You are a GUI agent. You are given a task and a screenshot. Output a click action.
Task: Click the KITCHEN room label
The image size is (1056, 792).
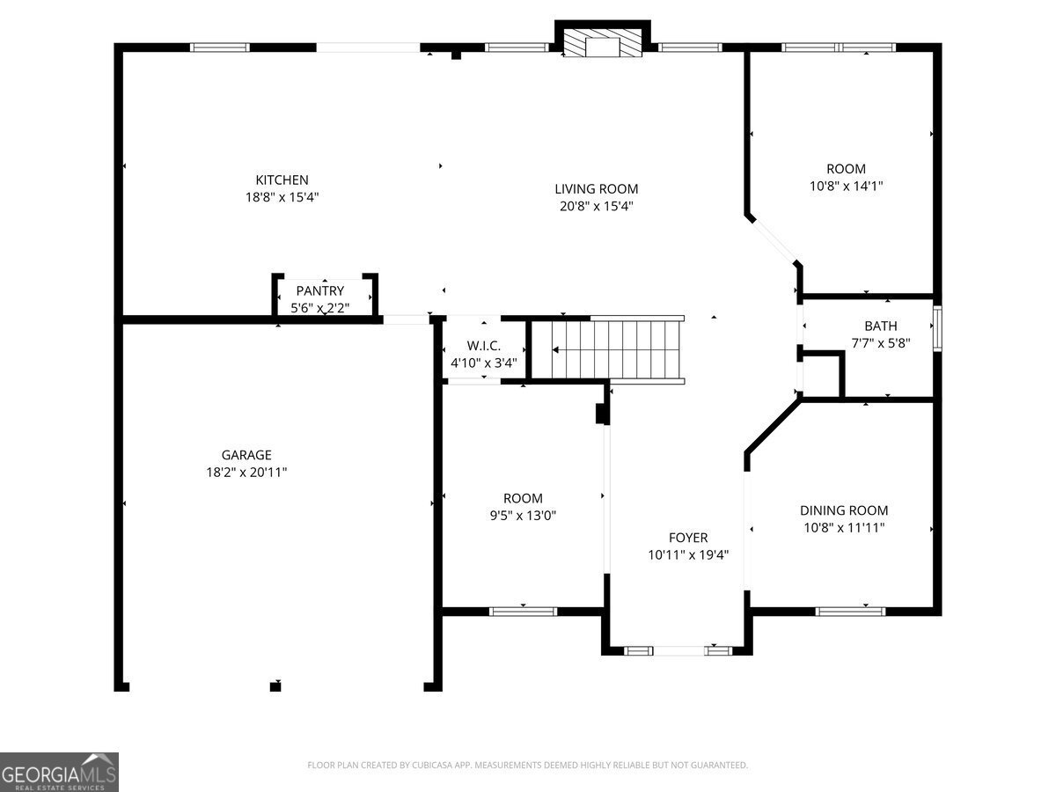pos(282,180)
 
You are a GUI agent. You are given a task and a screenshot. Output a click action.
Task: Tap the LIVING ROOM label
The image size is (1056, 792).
pos(596,189)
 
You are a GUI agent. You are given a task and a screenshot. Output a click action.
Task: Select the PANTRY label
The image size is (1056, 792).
pos(320,290)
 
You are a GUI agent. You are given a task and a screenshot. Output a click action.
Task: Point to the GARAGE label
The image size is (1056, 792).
pos(246,454)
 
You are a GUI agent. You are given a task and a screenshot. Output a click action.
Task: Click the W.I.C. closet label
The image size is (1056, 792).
pos(483,345)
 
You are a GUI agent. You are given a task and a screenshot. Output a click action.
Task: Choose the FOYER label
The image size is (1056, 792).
pos(688,537)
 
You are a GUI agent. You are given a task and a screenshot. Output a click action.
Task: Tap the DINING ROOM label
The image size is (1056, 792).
pos(844,510)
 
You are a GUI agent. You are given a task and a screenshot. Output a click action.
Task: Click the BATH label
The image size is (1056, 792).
pos(880,326)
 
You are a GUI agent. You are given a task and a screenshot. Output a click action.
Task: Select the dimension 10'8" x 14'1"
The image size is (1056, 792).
pos(846,186)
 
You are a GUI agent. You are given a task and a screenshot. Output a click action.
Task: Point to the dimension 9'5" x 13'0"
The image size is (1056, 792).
pos(523,516)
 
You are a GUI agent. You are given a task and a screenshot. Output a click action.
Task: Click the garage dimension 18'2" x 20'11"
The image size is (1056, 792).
pos(246,473)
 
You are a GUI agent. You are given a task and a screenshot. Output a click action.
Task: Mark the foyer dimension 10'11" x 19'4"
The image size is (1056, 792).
pos(688,555)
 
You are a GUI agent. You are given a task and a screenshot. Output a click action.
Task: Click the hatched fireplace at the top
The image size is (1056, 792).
pos(602,43)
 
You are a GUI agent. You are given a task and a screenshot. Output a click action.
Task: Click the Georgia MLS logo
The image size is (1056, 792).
pos(59,773)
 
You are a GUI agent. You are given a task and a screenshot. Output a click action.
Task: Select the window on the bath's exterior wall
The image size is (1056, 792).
pos(937,328)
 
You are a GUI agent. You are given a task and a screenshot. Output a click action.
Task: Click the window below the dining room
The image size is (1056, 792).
pos(850,612)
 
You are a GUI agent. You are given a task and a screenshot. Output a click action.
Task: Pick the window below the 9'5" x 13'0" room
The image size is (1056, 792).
pos(523,612)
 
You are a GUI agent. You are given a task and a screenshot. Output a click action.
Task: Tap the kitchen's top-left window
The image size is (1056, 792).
pos(220,48)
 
